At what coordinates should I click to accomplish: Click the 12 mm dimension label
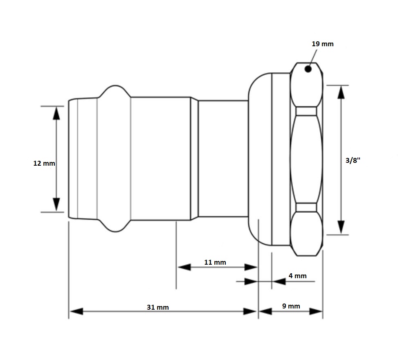pyautogui.click(x=44, y=163)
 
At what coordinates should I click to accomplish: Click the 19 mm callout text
pyautogui.click(x=323, y=44)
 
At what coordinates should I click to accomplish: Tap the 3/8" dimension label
pyautogui.click(x=353, y=161)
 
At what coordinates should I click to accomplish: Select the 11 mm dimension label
pyautogui.click(x=215, y=262)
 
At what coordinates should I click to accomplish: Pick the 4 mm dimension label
pyautogui.click(x=297, y=276)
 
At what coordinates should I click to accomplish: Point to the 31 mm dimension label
pyautogui.click(x=157, y=307)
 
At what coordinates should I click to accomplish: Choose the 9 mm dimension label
pyautogui.click(x=291, y=306)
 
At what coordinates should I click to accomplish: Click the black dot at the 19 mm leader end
pyautogui.click(x=308, y=69)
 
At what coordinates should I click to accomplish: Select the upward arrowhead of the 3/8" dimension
pyautogui.click(x=341, y=93)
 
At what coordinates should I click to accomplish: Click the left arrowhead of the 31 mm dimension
pyautogui.click(x=76, y=311)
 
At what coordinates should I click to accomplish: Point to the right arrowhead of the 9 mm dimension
pyautogui.click(x=316, y=311)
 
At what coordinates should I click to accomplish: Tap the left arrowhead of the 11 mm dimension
pyautogui.click(x=184, y=267)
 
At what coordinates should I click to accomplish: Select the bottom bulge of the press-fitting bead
pyautogui.click(x=115, y=227)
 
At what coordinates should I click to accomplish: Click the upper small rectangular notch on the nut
pyautogui.click(x=306, y=111)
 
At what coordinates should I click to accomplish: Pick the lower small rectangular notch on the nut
pyautogui.click(x=306, y=207)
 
